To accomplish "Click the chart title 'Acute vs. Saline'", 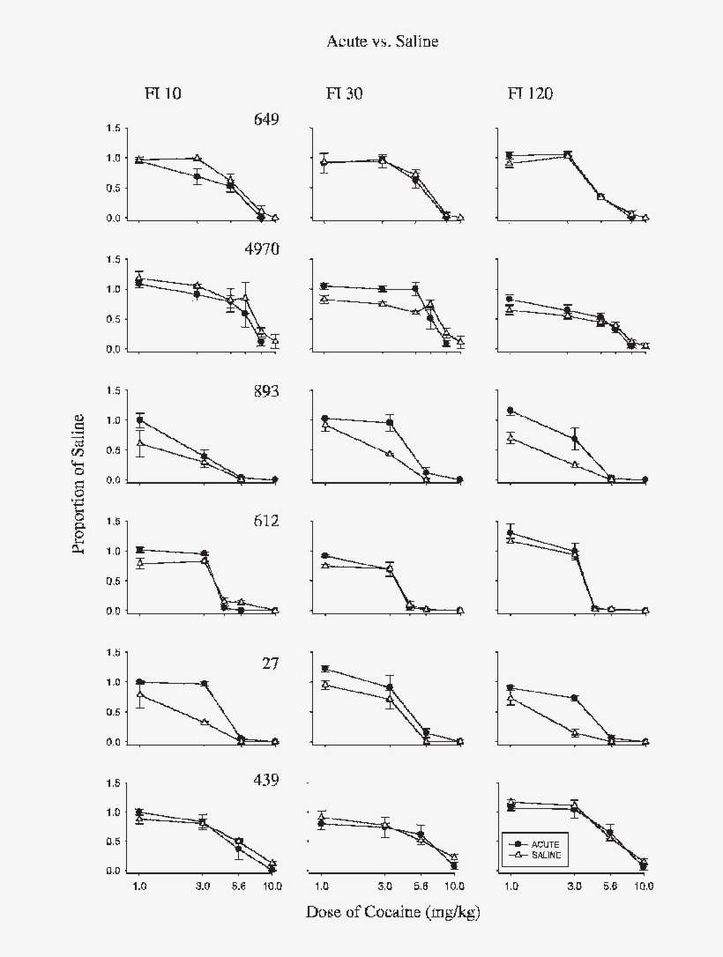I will coord(382,41).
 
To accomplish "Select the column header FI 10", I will coord(164,94).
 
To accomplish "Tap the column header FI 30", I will coord(343,94).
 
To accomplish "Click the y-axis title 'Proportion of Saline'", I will coord(79,482).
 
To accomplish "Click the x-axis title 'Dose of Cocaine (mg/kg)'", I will coord(392,912).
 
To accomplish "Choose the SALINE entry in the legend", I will coord(536,855).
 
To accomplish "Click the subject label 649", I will coord(266,120).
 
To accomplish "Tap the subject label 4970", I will coord(262,249).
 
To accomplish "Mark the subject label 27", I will coord(270,664).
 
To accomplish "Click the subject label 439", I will coord(266,780).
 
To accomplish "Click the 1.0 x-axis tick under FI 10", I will coord(138,886).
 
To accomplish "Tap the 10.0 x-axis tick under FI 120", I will coord(644,886).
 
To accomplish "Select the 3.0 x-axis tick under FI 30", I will coord(384,886).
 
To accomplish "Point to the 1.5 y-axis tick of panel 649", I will coord(113,129).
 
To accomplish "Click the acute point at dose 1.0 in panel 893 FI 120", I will coord(511,411).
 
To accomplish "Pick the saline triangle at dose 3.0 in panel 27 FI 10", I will coord(204,723).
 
